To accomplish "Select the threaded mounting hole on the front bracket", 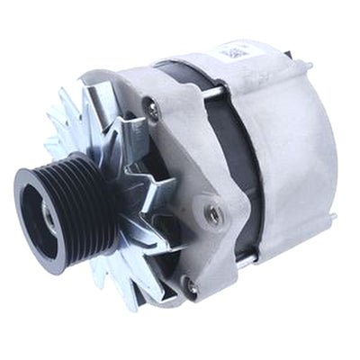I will tap(213, 215).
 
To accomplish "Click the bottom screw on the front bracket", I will tap(190, 286).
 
